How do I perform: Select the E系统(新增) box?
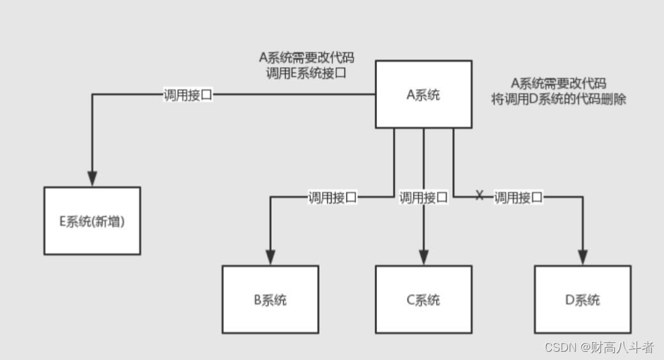pyautogui.click(x=92, y=221)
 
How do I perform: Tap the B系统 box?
pyautogui.click(x=270, y=299)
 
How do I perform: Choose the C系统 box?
pyautogui.click(x=424, y=299)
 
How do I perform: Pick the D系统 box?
pyautogui.click(x=582, y=299)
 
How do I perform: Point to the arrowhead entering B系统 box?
pyautogui.click(x=270, y=257)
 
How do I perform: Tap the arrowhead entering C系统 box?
pyautogui.click(x=424, y=257)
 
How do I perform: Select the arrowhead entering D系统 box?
pyautogui.click(x=582, y=257)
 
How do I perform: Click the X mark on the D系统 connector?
pyautogui.click(x=480, y=195)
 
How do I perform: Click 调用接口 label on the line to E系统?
pyautogui.click(x=188, y=95)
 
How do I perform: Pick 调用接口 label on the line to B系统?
pyautogui.click(x=332, y=197)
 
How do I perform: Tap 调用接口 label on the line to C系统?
pyautogui.click(x=424, y=197)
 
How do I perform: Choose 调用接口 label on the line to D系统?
pyautogui.click(x=518, y=197)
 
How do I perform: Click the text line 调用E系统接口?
pyautogui.click(x=306, y=73)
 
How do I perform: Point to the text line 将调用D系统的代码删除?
pyautogui.click(x=559, y=99)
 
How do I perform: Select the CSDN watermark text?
pyautogui.click(x=599, y=347)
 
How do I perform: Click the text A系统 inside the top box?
pyautogui.click(x=424, y=95)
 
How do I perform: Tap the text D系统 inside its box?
pyautogui.click(x=582, y=299)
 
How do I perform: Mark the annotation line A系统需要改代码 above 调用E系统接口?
pyautogui.click(x=306, y=57)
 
